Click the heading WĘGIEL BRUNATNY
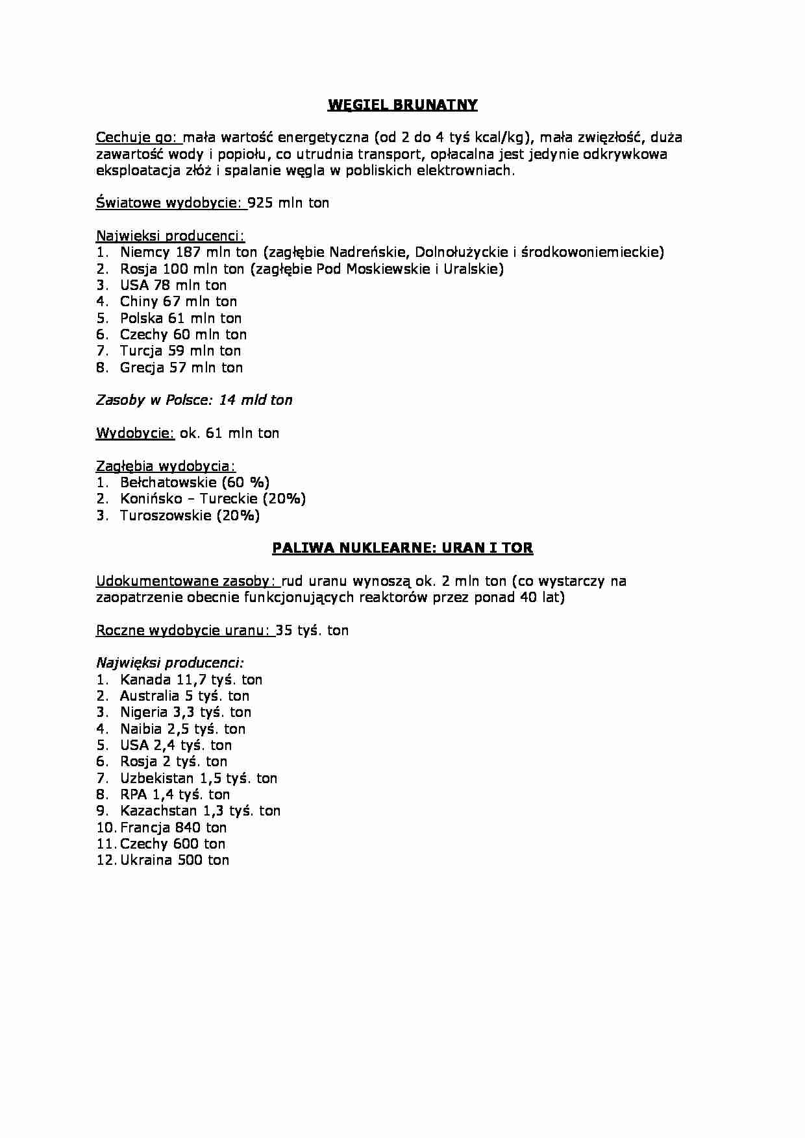(402, 105)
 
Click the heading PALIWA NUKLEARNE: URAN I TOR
(402, 548)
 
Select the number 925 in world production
(260, 203)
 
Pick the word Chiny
(139, 302)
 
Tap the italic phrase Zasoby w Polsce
(154, 400)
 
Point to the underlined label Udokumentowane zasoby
(187, 581)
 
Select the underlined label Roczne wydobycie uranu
(184, 631)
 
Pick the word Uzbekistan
(156, 779)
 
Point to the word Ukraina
(146, 860)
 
